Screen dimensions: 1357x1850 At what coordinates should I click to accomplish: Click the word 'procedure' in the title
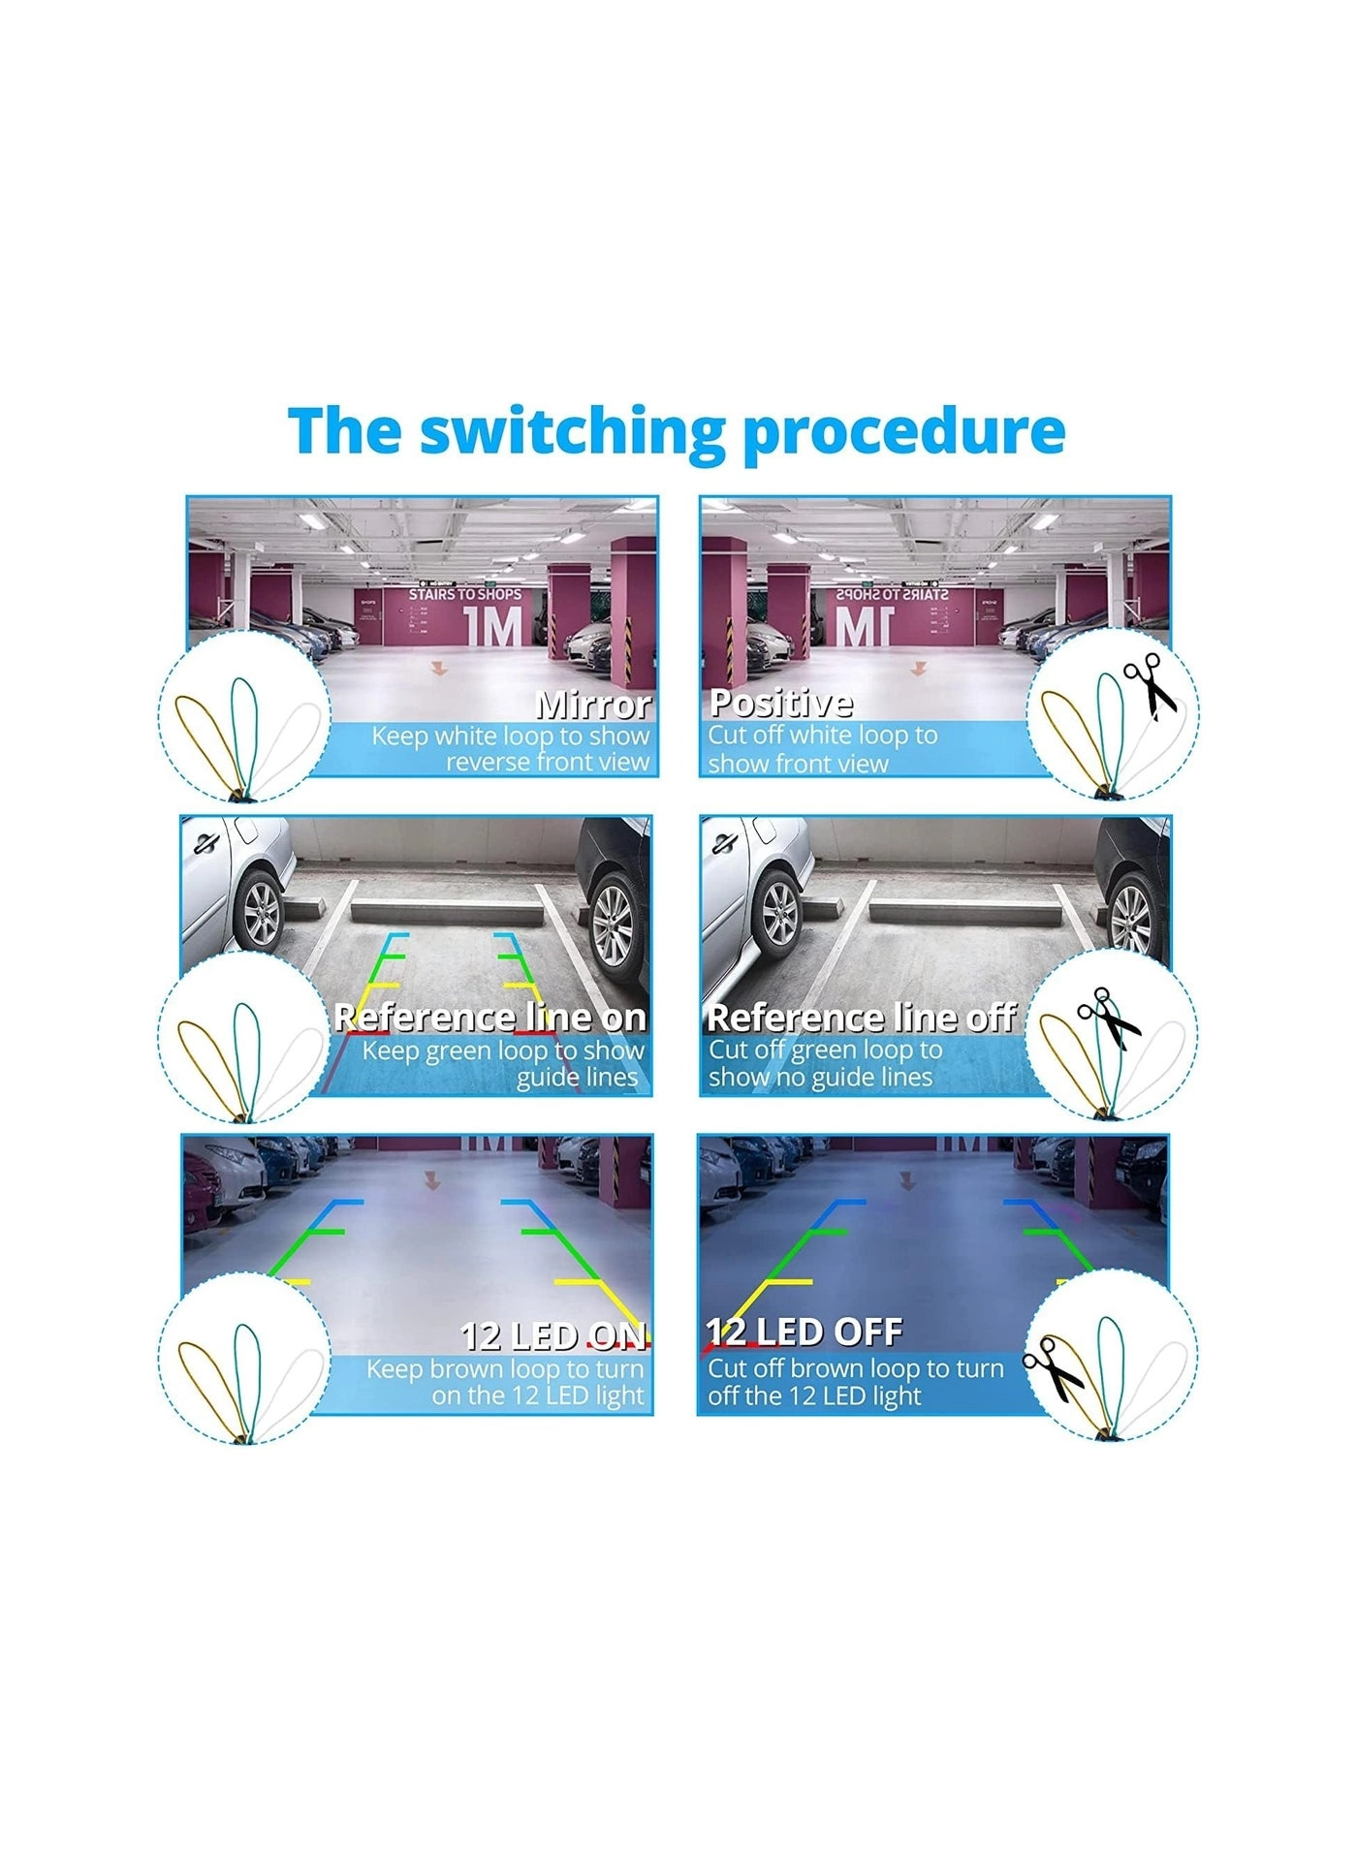click(904, 432)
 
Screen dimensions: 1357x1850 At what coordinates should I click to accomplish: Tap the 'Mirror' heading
click(593, 705)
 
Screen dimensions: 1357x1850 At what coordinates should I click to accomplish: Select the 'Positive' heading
click(781, 703)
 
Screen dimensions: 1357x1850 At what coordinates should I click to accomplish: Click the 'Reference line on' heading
click(489, 1018)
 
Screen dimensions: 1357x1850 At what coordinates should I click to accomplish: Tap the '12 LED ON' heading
click(553, 1336)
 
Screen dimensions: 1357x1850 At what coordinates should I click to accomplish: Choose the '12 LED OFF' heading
click(805, 1333)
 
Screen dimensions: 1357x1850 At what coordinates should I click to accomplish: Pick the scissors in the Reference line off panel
click(1110, 1018)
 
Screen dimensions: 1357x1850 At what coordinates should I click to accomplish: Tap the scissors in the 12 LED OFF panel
click(1055, 1366)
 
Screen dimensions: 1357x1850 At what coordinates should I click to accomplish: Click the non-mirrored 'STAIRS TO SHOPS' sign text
click(464, 594)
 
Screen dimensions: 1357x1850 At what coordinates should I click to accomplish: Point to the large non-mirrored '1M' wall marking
click(493, 627)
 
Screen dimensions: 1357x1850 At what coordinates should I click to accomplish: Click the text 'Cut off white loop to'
click(823, 736)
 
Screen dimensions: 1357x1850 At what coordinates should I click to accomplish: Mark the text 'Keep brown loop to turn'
click(505, 1369)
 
